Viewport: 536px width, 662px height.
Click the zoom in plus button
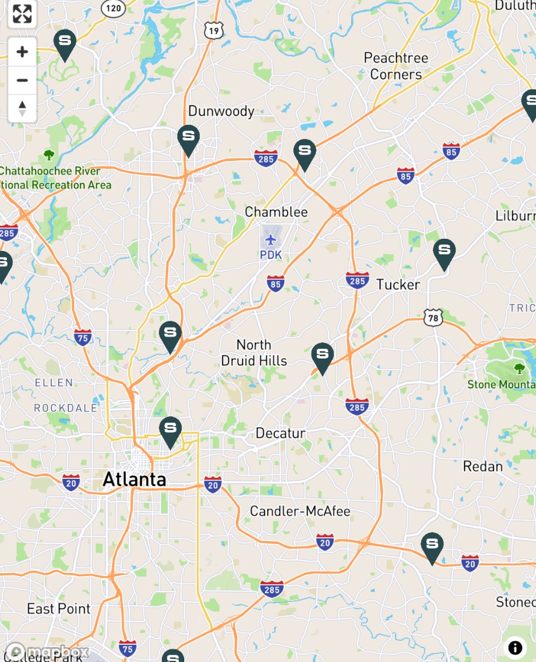[x=22, y=52]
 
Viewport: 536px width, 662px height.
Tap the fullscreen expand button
[x=22, y=14]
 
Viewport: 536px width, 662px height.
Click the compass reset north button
[x=22, y=108]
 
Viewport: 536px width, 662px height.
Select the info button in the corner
[x=515, y=648]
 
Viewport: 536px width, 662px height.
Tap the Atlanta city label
[x=134, y=479]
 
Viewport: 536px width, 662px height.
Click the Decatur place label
[x=280, y=433]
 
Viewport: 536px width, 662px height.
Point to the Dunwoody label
[x=221, y=111]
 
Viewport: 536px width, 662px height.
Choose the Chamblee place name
[x=276, y=212]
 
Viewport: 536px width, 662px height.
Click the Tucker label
[x=398, y=285]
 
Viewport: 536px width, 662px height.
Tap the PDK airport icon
[x=271, y=239]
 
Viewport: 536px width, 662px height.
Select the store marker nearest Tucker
[x=444, y=252]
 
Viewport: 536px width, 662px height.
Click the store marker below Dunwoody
[x=188, y=139]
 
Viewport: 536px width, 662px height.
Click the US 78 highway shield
[x=433, y=317]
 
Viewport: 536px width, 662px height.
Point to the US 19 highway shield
[x=213, y=30]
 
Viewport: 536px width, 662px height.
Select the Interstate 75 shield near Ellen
[x=83, y=337]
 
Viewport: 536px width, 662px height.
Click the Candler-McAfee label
[x=300, y=511]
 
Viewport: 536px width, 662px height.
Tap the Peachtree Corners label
[x=396, y=66]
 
